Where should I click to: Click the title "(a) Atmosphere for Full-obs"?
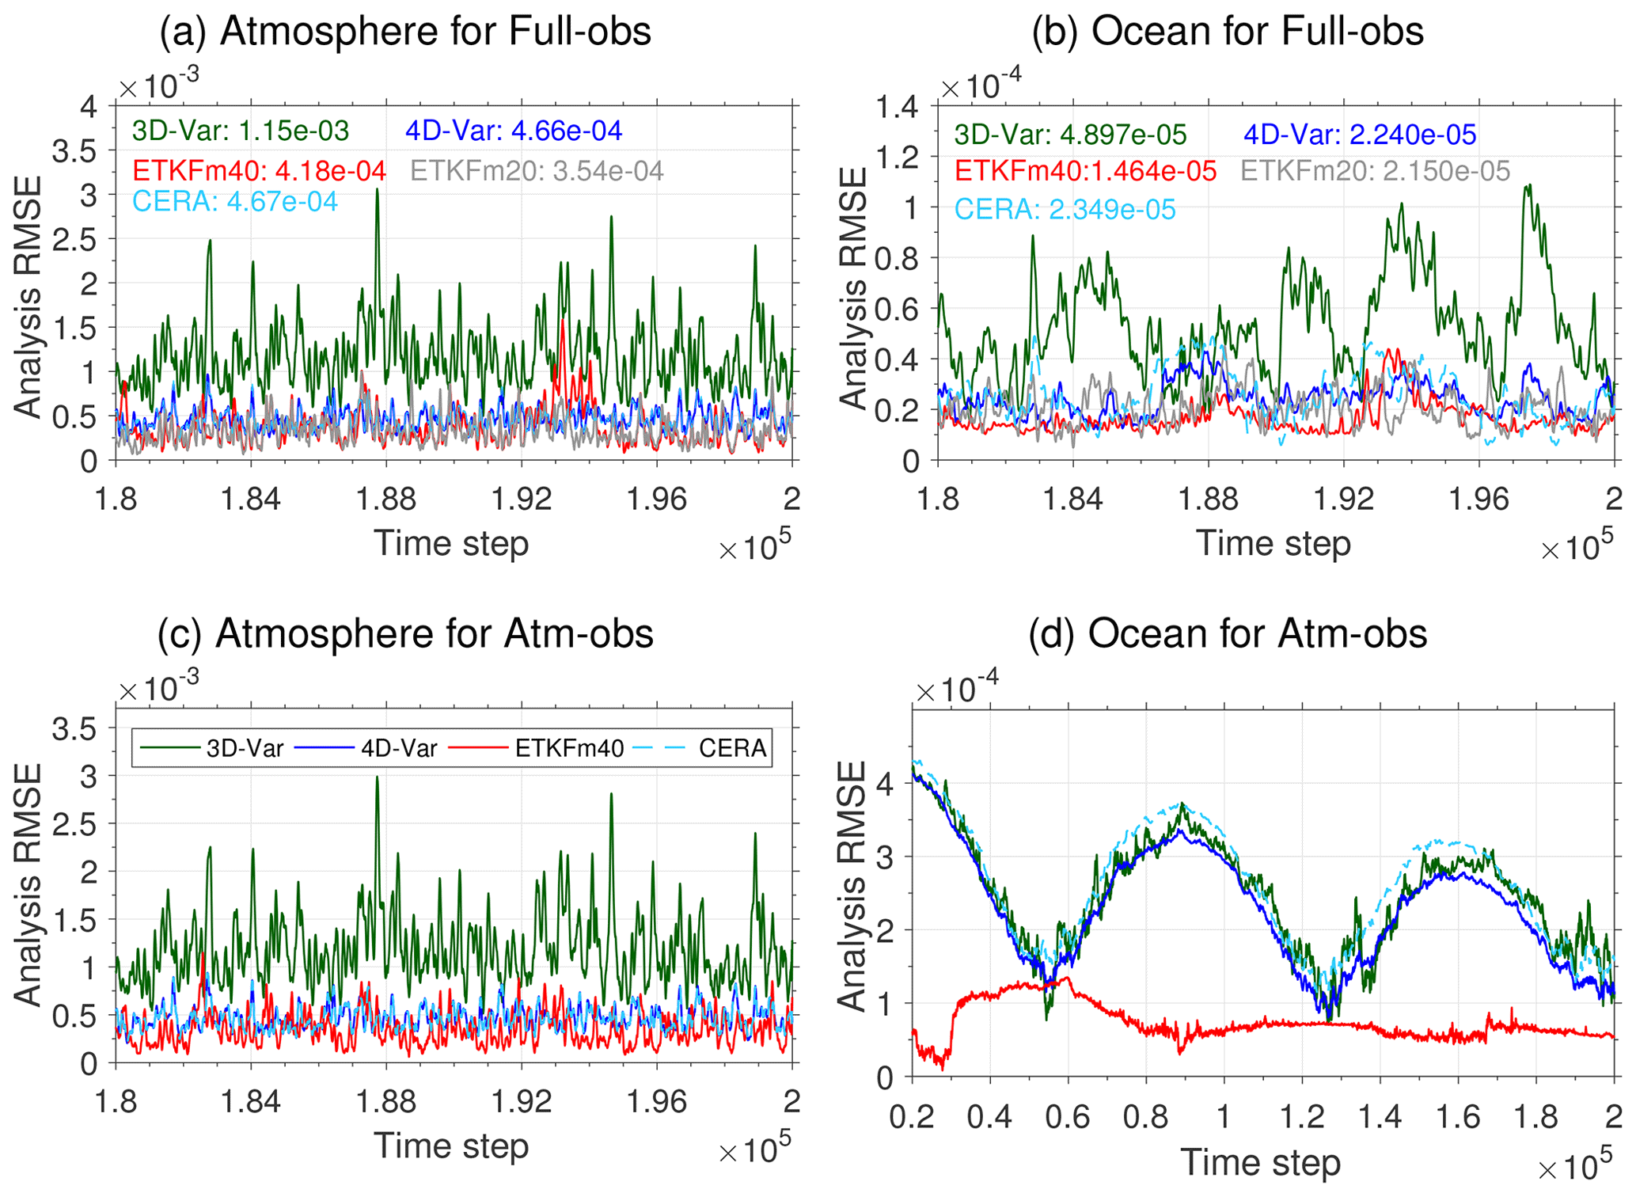(405, 32)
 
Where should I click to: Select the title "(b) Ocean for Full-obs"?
(1228, 32)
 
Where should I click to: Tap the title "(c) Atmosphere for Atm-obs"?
(405, 634)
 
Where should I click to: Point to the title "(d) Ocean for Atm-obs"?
(1228, 634)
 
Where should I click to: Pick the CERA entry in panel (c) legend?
(701, 748)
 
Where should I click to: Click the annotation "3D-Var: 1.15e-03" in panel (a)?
(241, 131)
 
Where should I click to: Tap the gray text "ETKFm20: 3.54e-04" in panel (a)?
(537, 171)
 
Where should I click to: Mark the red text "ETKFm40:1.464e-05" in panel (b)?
(1085, 171)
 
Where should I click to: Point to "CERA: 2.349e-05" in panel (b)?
(1065, 210)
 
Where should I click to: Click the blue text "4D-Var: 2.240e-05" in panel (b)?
(1360, 135)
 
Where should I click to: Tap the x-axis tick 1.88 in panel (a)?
(386, 500)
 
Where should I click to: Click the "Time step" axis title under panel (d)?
(1261, 1163)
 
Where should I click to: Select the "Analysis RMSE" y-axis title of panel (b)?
(853, 289)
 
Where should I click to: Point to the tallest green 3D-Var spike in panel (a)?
(378, 191)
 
